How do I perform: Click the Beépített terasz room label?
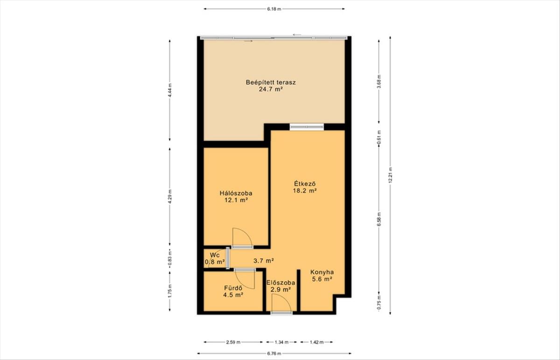[x=271, y=82]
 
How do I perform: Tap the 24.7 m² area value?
[x=271, y=90]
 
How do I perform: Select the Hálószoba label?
[x=236, y=193]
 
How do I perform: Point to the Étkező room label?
[x=305, y=184]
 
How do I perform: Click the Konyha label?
[x=322, y=272]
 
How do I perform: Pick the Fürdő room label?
[x=233, y=288]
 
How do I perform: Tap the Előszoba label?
[x=281, y=283]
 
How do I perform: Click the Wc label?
[x=215, y=255]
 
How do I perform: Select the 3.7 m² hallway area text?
[x=264, y=261]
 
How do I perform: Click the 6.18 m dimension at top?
[x=274, y=9]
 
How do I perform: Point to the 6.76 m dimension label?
[x=274, y=353]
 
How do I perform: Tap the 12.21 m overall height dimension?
[x=390, y=175]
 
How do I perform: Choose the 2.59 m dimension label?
[x=233, y=342]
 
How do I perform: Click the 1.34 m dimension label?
[x=281, y=342]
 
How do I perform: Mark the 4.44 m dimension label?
[x=170, y=90]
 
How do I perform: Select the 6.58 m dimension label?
[x=379, y=219]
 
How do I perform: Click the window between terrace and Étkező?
[x=307, y=127]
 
